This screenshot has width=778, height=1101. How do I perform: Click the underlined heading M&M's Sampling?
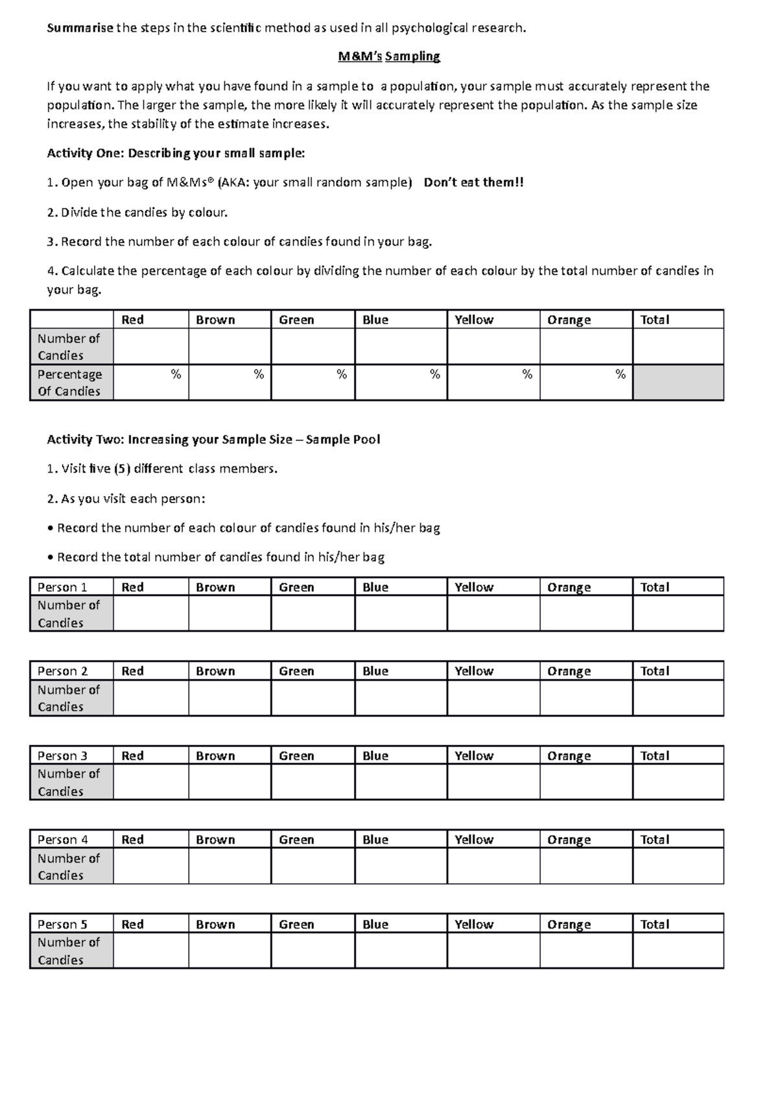tap(389, 56)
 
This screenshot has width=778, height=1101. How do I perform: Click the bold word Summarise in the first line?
tap(80, 28)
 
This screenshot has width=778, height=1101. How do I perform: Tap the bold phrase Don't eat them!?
tap(473, 183)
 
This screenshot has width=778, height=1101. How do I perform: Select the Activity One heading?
tap(176, 154)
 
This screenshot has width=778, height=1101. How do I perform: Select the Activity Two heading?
tap(213, 440)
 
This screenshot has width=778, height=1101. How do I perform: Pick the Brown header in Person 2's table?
tap(215, 672)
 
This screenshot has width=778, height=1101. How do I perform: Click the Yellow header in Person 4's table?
tap(474, 840)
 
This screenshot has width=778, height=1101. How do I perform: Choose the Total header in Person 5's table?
tap(655, 925)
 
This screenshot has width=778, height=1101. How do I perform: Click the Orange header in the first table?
tap(569, 320)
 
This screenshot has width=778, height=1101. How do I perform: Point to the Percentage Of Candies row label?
tap(69, 383)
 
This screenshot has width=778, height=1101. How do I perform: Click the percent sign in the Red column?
tap(176, 374)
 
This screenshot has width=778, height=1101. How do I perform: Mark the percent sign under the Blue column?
tap(434, 374)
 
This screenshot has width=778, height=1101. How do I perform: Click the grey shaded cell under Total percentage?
tap(678, 383)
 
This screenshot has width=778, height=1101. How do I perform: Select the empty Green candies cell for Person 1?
tap(312, 613)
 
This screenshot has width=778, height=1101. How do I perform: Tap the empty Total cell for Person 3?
tap(678, 782)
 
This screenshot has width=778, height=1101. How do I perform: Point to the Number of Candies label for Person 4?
tap(69, 867)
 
